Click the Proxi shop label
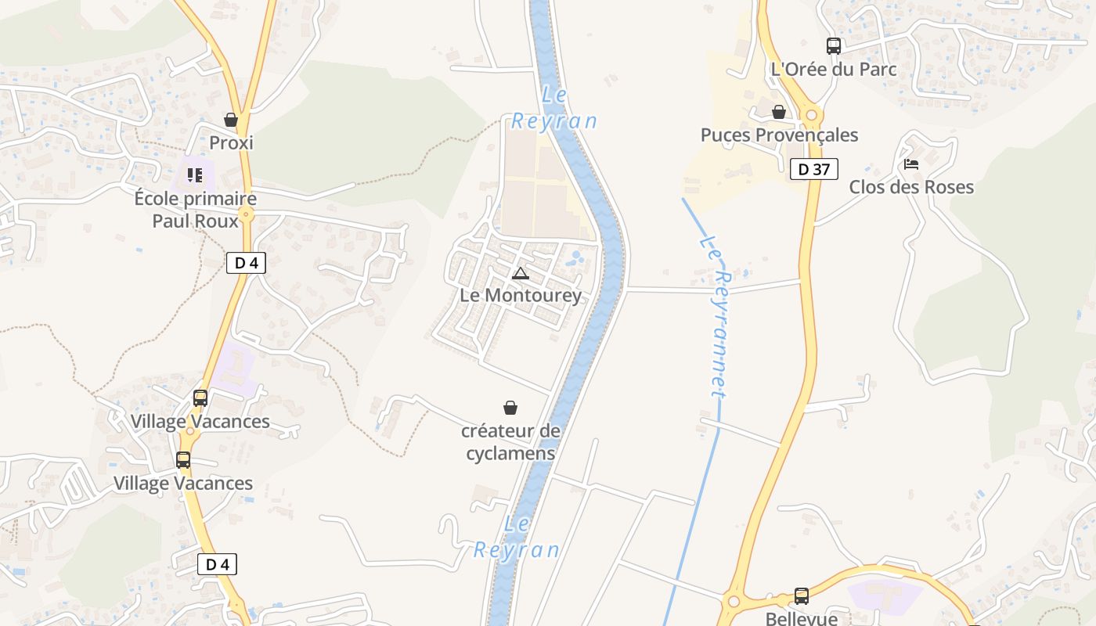[231, 143]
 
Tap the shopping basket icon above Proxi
[231, 120]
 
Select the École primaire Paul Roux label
[195, 210]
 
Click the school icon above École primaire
[195, 175]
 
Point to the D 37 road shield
[814, 169]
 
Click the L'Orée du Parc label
[834, 69]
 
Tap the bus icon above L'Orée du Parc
[834, 46]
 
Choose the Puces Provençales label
[779, 135]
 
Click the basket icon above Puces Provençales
[779, 113]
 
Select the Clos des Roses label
[911, 187]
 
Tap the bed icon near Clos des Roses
[911, 164]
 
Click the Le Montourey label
[521, 295]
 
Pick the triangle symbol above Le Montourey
[521, 273]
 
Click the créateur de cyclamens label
[510, 442]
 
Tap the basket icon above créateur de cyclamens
[510, 408]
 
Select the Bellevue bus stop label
[801, 618]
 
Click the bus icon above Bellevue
[802, 596]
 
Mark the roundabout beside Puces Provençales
[811, 116]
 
